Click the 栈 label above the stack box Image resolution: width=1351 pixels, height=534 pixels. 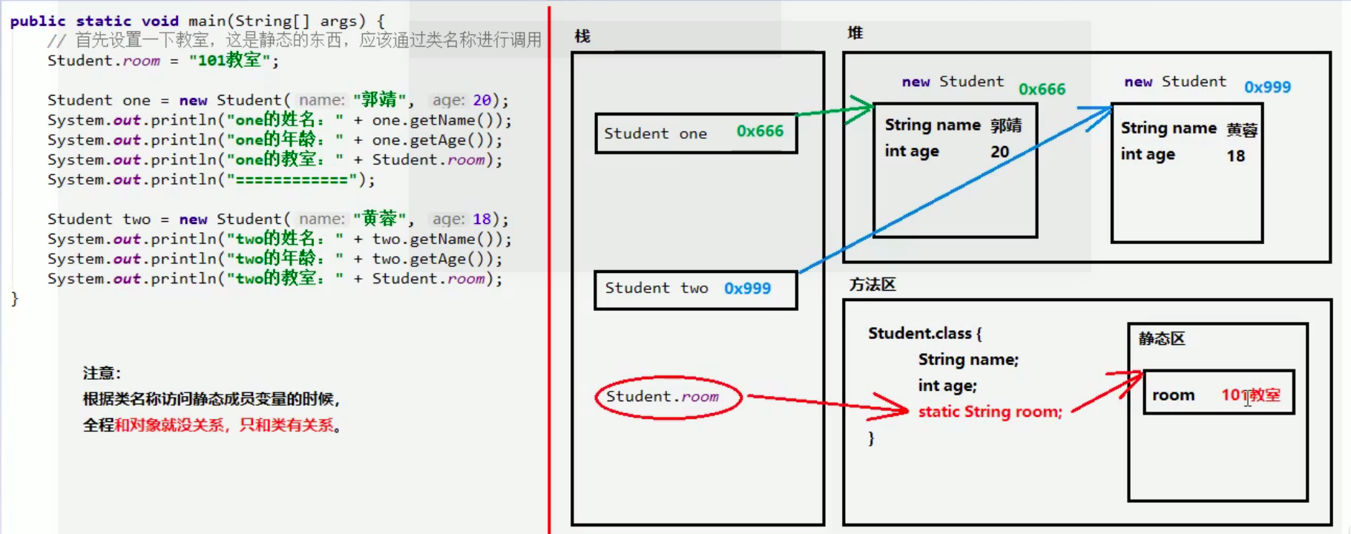coord(582,36)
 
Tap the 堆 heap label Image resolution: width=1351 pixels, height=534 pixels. coord(855,33)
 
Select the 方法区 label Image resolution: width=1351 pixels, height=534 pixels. coord(872,285)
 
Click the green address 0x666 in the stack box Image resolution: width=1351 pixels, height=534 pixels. coord(760,131)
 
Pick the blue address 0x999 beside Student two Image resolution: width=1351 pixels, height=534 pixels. coord(747,289)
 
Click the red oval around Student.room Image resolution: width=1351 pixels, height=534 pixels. coord(668,398)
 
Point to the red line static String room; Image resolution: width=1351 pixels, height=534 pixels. coord(990,412)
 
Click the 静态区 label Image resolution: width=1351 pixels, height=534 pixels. coord(1162,339)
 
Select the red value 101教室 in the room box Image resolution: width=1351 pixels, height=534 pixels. coord(1251,395)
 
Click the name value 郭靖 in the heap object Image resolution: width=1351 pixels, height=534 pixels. coord(1006,125)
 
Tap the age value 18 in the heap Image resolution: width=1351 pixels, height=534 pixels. coord(1235,156)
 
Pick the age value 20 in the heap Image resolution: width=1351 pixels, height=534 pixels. coord(999,152)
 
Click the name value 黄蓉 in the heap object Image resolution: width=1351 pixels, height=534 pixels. coord(1242,130)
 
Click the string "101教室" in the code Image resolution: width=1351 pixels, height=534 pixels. coord(229,61)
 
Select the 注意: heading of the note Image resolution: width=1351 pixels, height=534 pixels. coord(102,373)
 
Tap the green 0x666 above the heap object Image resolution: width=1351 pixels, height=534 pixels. coord(1042,90)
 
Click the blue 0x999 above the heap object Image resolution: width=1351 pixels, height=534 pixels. coord(1267,88)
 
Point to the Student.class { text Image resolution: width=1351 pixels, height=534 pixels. coord(924,334)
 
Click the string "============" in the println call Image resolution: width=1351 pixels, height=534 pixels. coord(292,180)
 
